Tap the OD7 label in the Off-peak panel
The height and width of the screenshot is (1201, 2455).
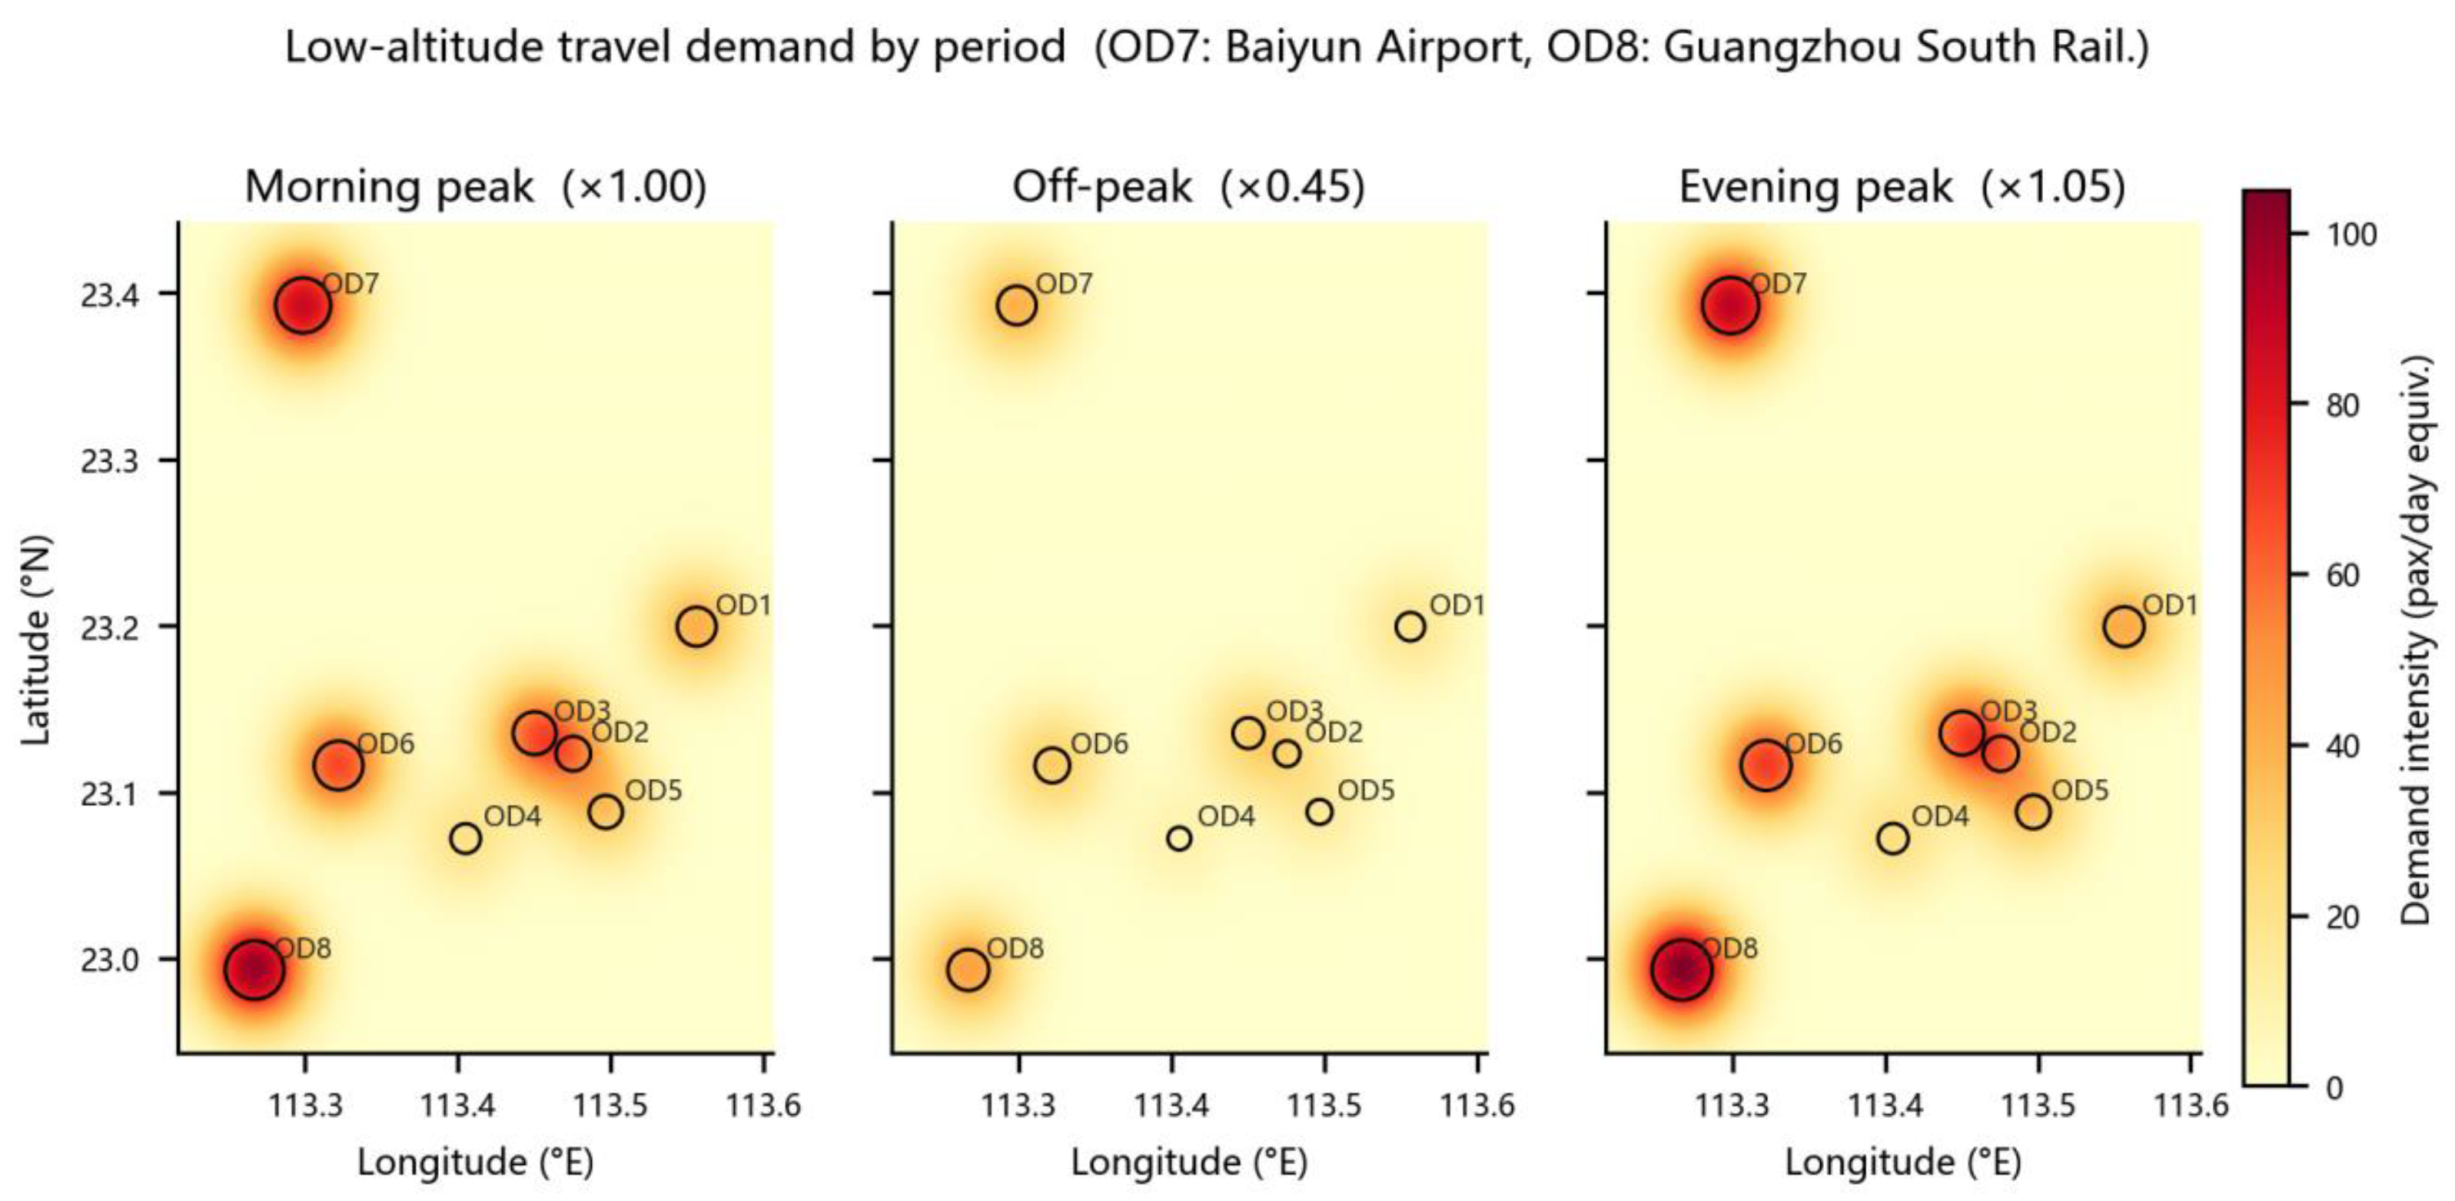[1064, 284]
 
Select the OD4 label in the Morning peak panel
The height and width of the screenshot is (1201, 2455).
[513, 817]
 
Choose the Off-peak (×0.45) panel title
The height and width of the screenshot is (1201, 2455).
[1188, 187]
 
